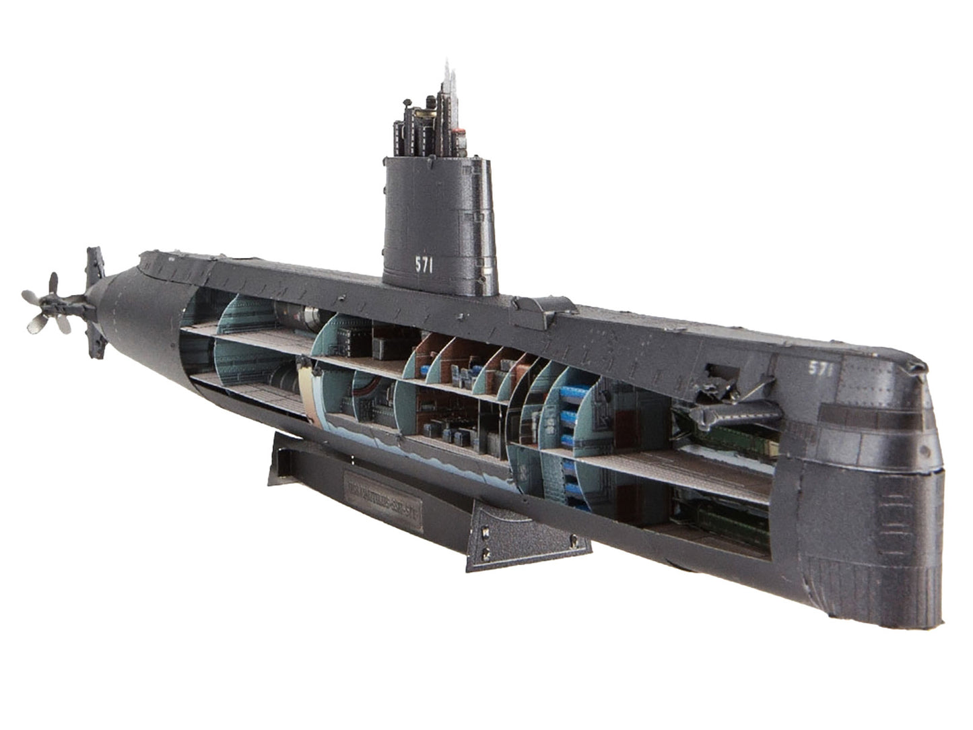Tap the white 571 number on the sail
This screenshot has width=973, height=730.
coord(424,265)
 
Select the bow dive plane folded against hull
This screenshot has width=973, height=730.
coord(734,407)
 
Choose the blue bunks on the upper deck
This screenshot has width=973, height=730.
coord(572,414)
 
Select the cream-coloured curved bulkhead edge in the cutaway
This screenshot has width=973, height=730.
coord(308,397)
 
